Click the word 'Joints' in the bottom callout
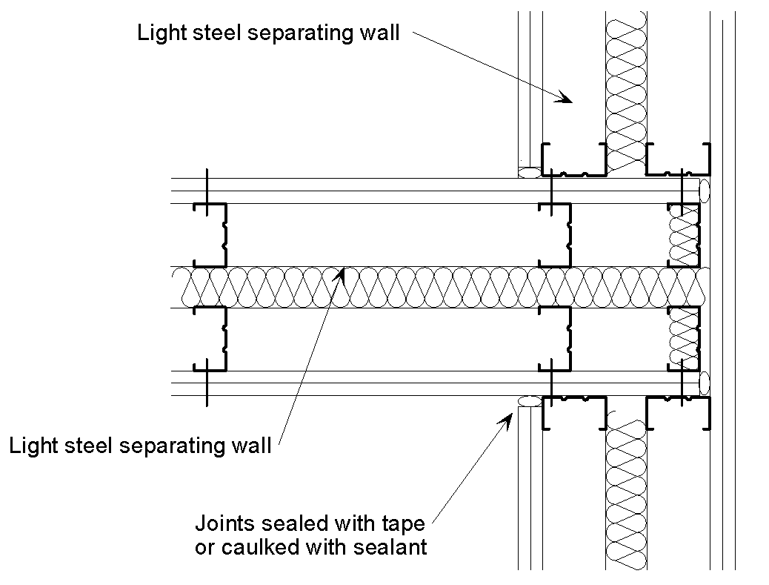tap(219, 524)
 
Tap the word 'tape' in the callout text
tap(404, 524)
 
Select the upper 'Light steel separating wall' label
tap(268, 33)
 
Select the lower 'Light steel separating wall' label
tap(139, 446)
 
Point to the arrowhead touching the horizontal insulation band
tap(341, 275)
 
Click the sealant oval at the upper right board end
tap(705, 189)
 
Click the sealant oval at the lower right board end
tap(705, 383)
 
